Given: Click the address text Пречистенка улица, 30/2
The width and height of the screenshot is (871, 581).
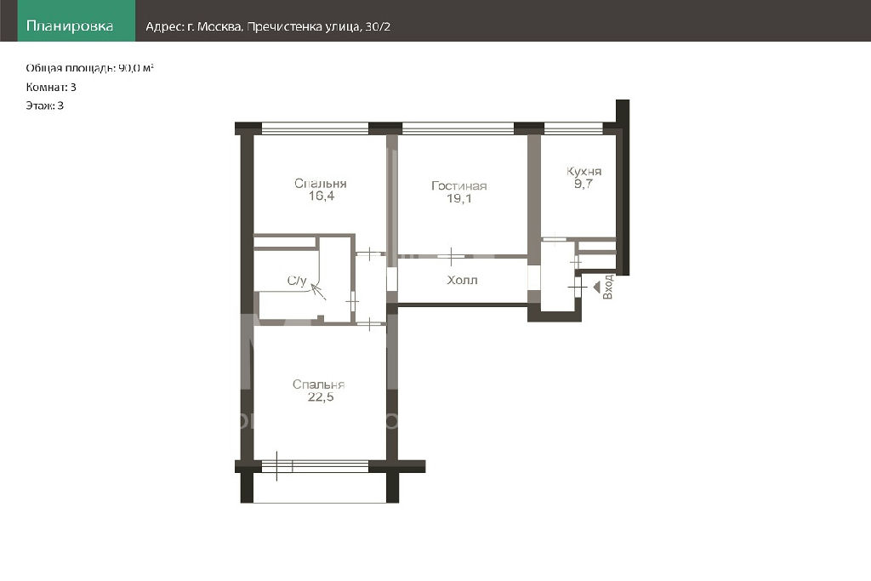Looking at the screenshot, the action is pyautogui.click(x=318, y=26).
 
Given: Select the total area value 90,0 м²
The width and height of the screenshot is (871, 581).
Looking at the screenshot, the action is pyautogui.click(x=136, y=68).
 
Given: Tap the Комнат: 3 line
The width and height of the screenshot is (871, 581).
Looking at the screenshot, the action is pyautogui.click(x=51, y=88).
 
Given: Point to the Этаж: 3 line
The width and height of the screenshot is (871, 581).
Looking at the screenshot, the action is pyautogui.click(x=45, y=105).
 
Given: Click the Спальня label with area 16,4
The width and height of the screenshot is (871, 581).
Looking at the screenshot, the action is pyautogui.click(x=321, y=183).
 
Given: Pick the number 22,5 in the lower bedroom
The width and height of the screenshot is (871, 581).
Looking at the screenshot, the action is pyautogui.click(x=321, y=396).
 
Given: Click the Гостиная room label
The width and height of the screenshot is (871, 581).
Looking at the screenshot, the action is pyautogui.click(x=458, y=186).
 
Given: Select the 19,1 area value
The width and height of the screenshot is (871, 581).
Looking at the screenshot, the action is pyautogui.click(x=459, y=198).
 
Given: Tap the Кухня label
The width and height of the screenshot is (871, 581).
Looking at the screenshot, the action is pyautogui.click(x=584, y=172).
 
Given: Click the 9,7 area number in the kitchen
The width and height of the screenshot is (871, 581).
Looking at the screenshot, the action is pyautogui.click(x=584, y=184).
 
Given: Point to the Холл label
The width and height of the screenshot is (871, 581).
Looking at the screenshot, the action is pyautogui.click(x=462, y=280).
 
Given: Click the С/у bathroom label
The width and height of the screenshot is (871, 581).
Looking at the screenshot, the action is pyautogui.click(x=297, y=281).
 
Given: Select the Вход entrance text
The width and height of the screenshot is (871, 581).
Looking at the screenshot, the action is pyautogui.click(x=607, y=287).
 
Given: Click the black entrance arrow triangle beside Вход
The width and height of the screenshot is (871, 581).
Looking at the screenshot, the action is pyautogui.click(x=596, y=288).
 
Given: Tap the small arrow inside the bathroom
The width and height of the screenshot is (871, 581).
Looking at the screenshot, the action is pyautogui.click(x=318, y=291).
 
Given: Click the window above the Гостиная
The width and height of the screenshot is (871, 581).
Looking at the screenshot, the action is pyautogui.click(x=458, y=128).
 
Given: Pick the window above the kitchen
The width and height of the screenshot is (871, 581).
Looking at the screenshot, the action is pyautogui.click(x=573, y=128).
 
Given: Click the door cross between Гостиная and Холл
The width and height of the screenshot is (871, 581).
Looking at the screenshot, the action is pyautogui.click(x=451, y=257).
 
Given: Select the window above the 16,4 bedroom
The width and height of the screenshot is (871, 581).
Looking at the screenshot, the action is pyautogui.click(x=315, y=128).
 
